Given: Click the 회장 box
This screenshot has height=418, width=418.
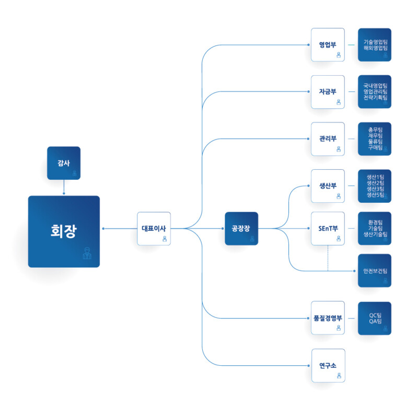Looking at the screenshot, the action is point(64,231).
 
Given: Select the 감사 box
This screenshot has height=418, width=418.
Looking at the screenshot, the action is point(64,163).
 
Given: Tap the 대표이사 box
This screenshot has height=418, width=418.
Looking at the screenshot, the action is point(154,228).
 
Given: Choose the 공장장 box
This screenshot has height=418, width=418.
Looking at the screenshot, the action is point(241,228).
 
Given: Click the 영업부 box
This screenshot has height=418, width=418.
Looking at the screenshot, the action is point(328,45).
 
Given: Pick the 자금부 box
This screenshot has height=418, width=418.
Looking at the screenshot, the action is point(328,92).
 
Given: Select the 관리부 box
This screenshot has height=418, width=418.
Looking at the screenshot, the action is point(328,139).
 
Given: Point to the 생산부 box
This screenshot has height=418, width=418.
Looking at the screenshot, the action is point(328,186).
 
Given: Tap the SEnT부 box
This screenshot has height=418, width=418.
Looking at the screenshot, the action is point(328,228).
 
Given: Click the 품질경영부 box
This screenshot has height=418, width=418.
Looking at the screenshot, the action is point(328,318).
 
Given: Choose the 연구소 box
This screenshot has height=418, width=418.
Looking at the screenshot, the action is point(328,365).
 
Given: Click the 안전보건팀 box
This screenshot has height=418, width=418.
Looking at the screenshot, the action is point(375,271).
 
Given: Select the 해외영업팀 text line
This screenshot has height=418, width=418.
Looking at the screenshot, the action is point(375,48).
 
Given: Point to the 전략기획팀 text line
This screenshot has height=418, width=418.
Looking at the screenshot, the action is point(375,98).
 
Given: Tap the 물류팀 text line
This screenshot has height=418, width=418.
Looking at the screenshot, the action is point(375,142).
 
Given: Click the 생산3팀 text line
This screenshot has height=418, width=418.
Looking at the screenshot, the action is point(375,189).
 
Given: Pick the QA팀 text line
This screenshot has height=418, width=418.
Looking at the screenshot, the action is point(375,321).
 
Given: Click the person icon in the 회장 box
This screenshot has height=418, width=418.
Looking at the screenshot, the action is point(87,253).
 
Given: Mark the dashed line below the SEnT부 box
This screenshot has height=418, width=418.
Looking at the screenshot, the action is point(328,258).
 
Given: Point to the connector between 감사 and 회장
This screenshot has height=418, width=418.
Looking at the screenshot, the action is point(64,187).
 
